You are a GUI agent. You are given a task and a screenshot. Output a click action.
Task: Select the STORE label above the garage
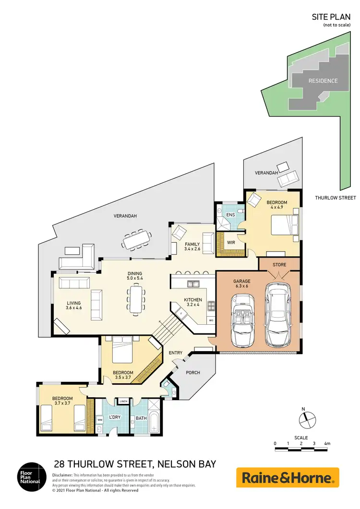tap(280, 264)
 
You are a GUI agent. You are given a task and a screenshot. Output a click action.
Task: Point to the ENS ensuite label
tap(230, 214)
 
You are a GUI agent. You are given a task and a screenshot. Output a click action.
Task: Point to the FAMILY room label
tap(192, 244)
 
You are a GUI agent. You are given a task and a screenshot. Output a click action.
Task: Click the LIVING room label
tap(73, 303)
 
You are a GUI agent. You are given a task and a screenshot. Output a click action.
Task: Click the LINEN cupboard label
tap(123, 401)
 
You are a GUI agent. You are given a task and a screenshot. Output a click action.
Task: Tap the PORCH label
tap(193, 373)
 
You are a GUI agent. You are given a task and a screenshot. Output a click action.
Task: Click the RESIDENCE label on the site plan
tap(323, 81)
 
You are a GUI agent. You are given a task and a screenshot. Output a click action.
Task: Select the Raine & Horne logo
tap(288, 478)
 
